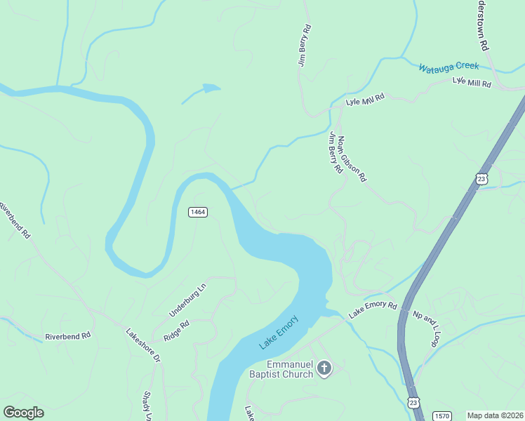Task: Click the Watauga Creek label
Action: (x=448, y=67)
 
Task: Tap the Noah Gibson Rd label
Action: (x=351, y=159)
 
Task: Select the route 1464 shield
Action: (x=197, y=212)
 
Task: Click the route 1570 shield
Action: (x=441, y=415)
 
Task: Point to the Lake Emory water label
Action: (x=279, y=332)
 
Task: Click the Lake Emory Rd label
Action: (x=373, y=307)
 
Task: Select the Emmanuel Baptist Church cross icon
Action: (x=324, y=368)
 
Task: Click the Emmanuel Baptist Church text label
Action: (x=290, y=369)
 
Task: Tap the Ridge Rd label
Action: (x=177, y=331)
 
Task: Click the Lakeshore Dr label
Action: (x=143, y=345)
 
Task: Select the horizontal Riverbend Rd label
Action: (x=68, y=336)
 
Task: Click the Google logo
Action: (x=23, y=413)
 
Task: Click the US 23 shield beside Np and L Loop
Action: (x=413, y=402)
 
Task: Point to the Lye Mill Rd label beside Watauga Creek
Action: (x=472, y=83)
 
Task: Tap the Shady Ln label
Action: (x=148, y=406)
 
